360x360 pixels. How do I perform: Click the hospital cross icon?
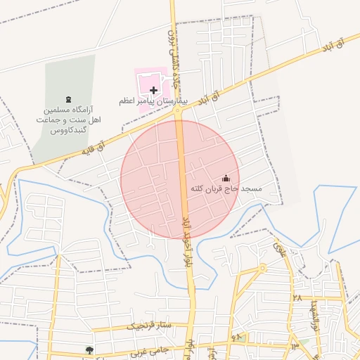tap(154, 90)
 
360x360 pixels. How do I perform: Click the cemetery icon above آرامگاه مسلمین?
tap(68, 99)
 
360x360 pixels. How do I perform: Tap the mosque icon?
tap(226, 179)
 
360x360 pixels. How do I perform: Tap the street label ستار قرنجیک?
tap(149, 326)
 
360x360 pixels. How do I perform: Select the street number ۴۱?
tap(236, 338)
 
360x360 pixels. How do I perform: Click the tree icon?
tap(89, 350)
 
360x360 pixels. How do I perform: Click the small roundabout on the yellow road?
tap(262, 268)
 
